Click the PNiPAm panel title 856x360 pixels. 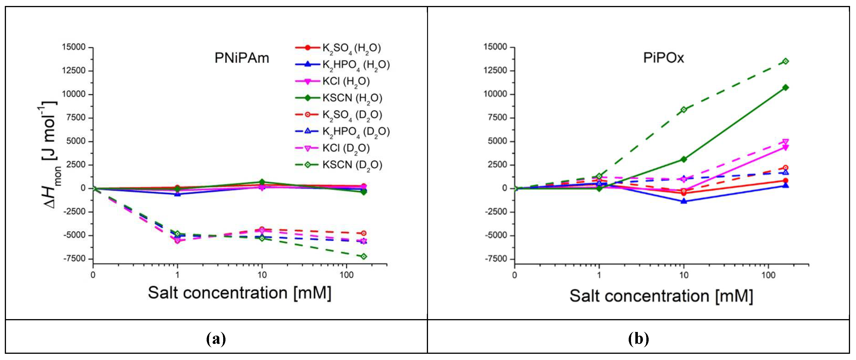242,58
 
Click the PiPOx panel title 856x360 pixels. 664,58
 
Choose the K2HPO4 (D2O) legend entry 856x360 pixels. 356,131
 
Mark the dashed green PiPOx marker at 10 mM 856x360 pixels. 684,109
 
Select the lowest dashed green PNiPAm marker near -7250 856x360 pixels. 364,256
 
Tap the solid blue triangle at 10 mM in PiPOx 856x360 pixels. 684,201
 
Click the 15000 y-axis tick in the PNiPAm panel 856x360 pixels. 74,47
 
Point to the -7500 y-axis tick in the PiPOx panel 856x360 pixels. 495,259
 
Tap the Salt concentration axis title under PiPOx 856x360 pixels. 661,296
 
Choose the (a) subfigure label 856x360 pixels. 216,339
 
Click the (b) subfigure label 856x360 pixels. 638,339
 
